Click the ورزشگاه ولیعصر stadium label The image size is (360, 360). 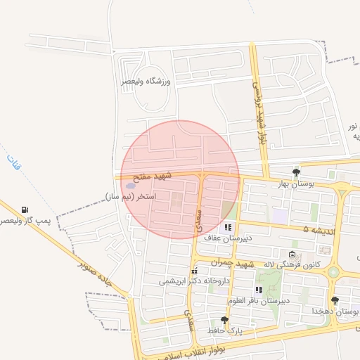click(x=147, y=82)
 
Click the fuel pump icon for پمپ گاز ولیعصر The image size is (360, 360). click(x=25, y=210)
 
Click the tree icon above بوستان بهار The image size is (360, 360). click(x=296, y=172)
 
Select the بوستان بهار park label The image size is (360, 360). click(x=293, y=184)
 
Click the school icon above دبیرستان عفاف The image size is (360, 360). click(x=228, y=227)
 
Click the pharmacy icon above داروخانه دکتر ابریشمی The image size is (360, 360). click(x=194, y=271)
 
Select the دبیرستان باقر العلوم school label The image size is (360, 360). click(x=255, y=300)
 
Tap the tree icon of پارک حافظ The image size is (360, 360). click(x=224, y=319)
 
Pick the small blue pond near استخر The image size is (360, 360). click(x=131, y=186)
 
